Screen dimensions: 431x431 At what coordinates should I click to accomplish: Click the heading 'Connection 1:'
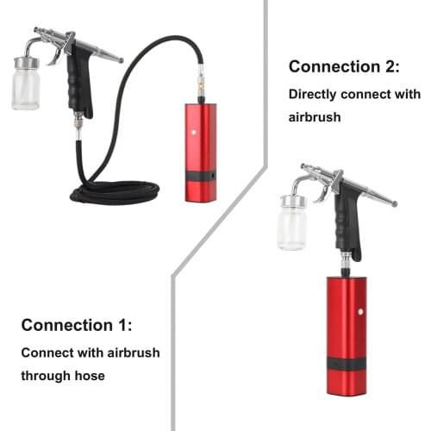(77, 325)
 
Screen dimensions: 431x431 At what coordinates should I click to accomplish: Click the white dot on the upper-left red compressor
(195, 133)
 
